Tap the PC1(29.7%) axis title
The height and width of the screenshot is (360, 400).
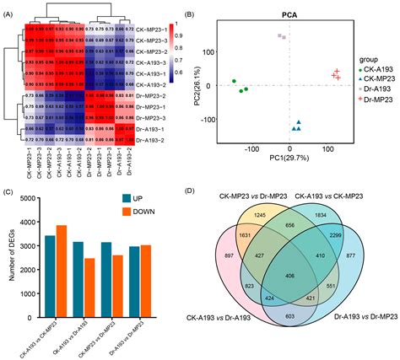(x=289, y=157)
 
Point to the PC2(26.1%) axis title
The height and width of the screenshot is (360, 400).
(x=208, y=84)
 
